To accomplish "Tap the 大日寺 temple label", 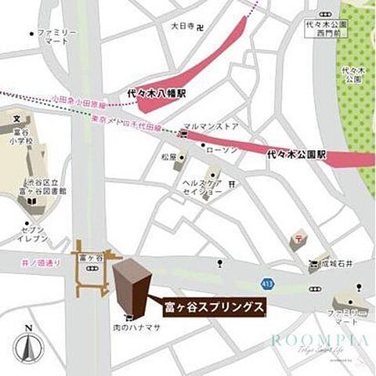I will [x=183, y=25].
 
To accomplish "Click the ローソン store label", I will [x=222, y=148].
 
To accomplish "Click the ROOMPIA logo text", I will [x=319, y=341].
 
